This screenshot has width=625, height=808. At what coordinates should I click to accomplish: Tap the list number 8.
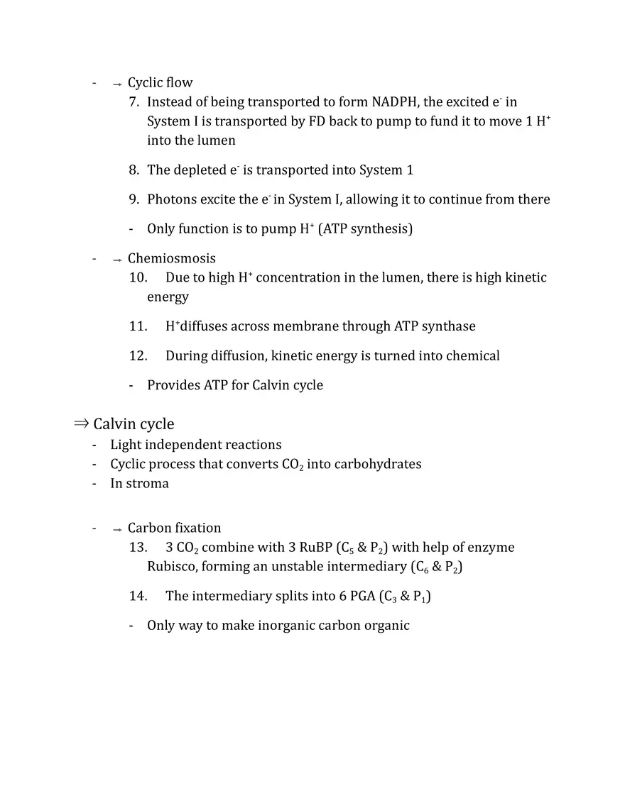point(134,170)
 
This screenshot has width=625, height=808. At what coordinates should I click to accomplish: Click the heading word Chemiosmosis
point(172,258)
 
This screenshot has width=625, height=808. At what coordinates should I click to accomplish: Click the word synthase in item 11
point(449,326)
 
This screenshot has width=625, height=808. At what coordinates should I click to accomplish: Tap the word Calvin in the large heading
point(114,424)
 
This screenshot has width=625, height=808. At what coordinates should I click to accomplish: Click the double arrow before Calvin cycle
point(81,424)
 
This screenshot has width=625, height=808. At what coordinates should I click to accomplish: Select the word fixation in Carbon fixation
point(197,528)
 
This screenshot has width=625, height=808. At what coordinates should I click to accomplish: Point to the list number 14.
point(138,597)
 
